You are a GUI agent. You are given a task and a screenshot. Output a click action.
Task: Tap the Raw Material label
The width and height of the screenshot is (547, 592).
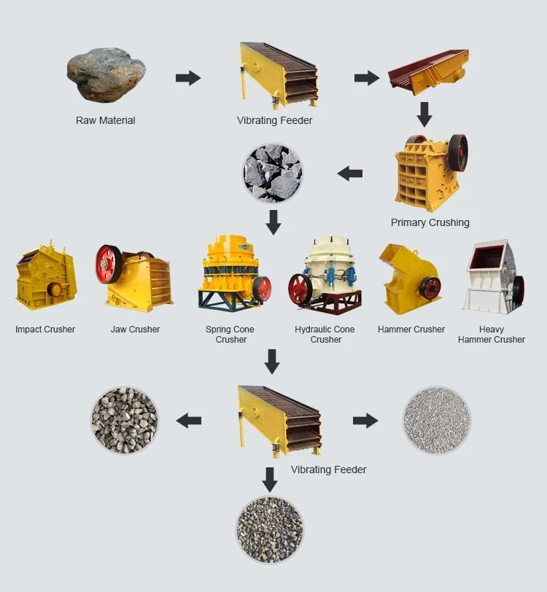coord(106,120)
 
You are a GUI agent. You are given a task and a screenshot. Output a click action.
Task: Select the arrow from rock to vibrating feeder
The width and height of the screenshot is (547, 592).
coord(188,78)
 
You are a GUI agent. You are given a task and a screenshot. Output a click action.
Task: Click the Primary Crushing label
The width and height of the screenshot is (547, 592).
coord(430,222)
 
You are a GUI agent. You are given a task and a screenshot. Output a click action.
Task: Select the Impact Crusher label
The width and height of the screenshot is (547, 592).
coord(45,330)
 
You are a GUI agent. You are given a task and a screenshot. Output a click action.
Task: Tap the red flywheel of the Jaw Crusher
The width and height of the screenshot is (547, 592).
coord(109,265)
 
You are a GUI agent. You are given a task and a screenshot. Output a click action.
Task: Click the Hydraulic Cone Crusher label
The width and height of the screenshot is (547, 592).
coord(325,335)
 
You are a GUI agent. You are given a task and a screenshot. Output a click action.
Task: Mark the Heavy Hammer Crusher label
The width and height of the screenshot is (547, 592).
coord(492,335)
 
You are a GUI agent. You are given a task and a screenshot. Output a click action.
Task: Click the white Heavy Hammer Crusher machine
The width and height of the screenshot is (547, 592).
coord(493,277)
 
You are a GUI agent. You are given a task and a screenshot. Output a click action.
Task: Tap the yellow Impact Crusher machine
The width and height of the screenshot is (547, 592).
coord(45,278)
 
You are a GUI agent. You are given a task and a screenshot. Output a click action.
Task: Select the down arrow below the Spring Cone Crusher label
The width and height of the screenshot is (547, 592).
coord(272,361)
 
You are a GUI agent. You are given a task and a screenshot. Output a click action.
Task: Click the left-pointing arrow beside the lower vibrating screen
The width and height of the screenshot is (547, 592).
coord(188,420)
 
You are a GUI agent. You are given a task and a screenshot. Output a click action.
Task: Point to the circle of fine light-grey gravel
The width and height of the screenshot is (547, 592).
coord(437,421)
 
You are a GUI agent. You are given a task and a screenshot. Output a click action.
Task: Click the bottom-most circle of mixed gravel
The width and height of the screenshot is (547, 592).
coord(270,529)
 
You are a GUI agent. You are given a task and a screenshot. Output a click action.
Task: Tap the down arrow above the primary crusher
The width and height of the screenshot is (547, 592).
coord(424,114)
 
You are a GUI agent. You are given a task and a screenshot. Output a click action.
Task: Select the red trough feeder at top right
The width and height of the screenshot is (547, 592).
coord(427,74)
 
